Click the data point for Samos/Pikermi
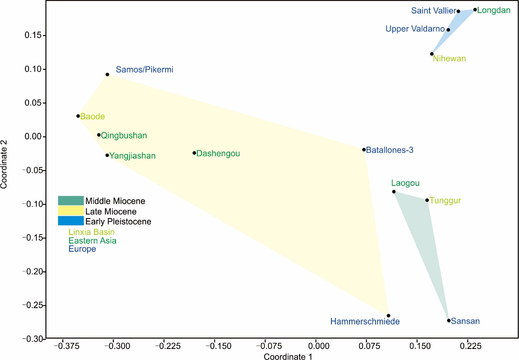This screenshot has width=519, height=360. tap(107, 74)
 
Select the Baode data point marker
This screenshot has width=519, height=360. tap(78, 116)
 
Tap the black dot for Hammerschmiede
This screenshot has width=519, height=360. tap(389, 315)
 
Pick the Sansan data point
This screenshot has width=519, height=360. tap(449, 320)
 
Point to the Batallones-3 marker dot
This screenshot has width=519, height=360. tap(364, 150)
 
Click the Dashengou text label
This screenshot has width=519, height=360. tap(218, 154)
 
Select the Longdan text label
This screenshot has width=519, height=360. tap(494, 10)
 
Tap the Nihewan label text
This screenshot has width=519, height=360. tap(449, 58)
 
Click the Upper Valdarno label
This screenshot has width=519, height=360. tap(414, 29)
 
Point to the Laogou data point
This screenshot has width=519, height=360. tap(394, 192)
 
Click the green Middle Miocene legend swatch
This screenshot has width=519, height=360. tap(71, 201)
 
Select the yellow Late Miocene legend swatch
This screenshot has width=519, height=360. tap(71, 211)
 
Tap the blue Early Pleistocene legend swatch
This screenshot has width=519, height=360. tap(71, 221)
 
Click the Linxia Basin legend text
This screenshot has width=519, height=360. tap(92, 232)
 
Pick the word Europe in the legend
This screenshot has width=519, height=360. tap(82, 249)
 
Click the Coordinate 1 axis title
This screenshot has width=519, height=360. tap(288, 357)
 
